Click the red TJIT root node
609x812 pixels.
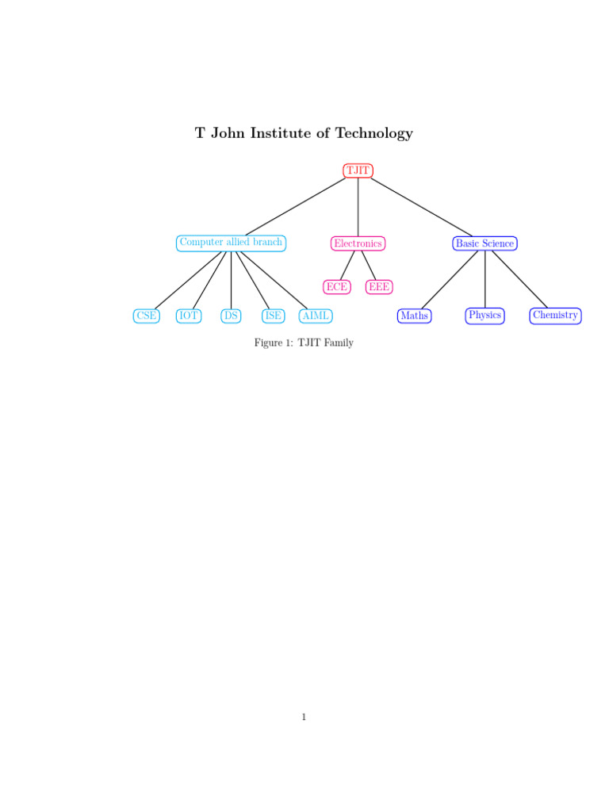click(358, 170)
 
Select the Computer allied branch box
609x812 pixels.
click(231, 243)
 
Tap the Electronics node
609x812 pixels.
click(358, 243)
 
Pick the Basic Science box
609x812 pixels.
click(485, 243)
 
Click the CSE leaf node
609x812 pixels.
click(146, 316)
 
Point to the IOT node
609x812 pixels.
click(189, 316)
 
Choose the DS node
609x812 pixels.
click(231, 316)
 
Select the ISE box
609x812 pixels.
click(273, 316)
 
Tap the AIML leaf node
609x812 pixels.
click(316, 316)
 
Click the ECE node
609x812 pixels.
click(337, 287)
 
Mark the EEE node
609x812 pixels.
click(379, 287)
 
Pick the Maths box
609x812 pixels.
click(415, 316)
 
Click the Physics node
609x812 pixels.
click(485, 316)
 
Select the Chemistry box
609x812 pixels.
click(555, 316)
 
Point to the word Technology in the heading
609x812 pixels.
click(373, 133)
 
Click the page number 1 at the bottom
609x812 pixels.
click(304, 718)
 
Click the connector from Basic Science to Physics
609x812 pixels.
click(485, 279)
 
